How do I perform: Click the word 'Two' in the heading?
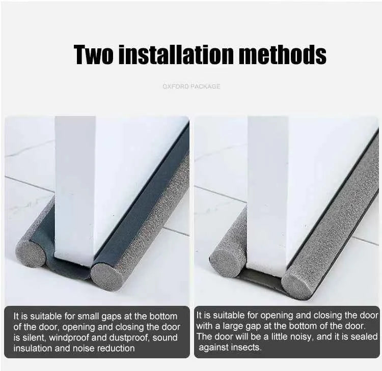(x=94, y=54)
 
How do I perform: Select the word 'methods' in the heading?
(x=283, y=54)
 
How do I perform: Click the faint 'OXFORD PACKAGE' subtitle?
(x=192, y=87)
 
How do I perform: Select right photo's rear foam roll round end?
(x=226, y=260)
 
